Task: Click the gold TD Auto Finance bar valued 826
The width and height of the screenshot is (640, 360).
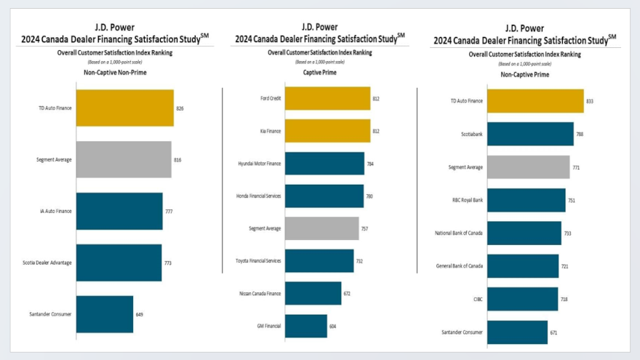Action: click(124, 108)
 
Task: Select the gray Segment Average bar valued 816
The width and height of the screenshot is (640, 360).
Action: click(124, 159)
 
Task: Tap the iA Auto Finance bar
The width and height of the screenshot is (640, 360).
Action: click(119, 211)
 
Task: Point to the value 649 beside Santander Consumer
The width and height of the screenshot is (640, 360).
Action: click(140, 314)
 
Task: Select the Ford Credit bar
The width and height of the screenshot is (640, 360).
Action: click(327, 98)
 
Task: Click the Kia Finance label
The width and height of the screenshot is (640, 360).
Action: click(271, 131)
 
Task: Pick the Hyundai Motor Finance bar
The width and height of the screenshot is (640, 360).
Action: click(324, 164)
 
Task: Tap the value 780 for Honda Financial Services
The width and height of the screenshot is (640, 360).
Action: click(370, 196)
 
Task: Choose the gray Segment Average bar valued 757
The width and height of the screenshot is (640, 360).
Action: click(321, 228)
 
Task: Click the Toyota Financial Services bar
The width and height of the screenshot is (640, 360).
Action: click(319, 260)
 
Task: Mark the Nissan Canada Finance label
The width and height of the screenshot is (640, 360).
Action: click(260, 293)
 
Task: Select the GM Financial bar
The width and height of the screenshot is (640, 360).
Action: click(305, 326)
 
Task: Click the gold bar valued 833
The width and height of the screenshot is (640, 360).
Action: click(535, 101)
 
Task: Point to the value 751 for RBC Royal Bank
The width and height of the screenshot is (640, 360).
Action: click(572, 200)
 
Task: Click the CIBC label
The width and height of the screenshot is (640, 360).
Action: click(478, 299)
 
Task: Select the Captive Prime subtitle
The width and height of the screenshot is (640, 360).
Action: click(319, 72)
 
